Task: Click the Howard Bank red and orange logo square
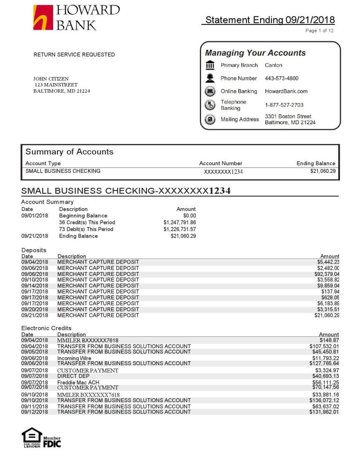(43, 17)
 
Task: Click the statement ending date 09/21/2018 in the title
(310, 20)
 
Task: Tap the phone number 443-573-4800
(281, 78)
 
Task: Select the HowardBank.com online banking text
(286, 91)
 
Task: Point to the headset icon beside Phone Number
(210, 78)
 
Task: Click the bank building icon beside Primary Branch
(210, 65)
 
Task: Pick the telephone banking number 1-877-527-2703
(284, 105)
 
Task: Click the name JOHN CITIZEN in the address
(51, 79)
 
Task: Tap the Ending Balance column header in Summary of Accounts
(316, 163)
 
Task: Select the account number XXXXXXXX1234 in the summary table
(223, 172)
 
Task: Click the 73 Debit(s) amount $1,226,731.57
(180, 229)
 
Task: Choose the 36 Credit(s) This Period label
(87, 223)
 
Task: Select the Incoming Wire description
(74, 358)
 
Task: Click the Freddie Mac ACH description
(78, 383)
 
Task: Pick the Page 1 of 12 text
(319, 31)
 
